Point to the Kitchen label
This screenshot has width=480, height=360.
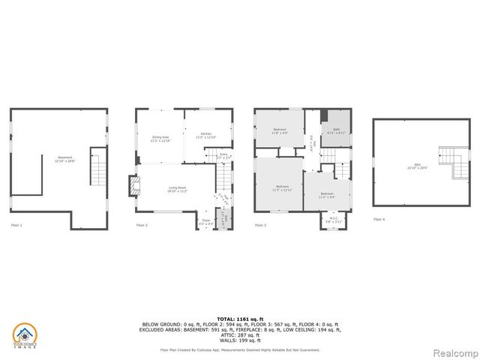tap(205, 136)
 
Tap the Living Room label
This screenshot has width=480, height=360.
tap(177, 190)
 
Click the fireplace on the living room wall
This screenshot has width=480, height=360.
tap(133, 186)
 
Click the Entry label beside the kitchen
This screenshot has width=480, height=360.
tap(223, 157)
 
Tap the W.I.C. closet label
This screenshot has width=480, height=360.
tap(332, 221)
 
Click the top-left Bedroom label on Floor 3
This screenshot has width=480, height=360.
tap(280, 132)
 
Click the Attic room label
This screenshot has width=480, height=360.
tap(416, 166)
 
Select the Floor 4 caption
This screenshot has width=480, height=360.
tap(379, 220)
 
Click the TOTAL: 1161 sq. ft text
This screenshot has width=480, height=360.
tap(240, 319)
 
